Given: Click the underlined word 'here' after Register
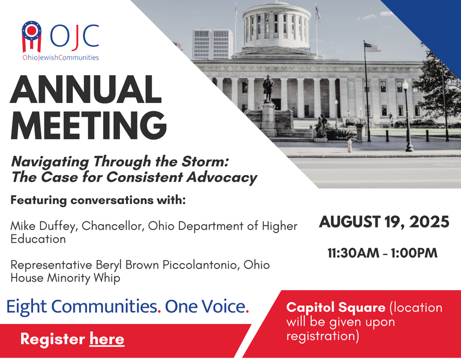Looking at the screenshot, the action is (107, 339).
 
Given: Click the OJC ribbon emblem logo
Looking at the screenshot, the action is (31, 36).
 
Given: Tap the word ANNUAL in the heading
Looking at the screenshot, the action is (86, 89).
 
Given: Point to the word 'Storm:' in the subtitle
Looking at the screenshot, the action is (205, 161).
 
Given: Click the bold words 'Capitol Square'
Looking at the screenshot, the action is (336, 308).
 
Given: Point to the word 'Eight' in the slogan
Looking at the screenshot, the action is (27, 307).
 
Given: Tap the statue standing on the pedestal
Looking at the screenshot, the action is (268, 88).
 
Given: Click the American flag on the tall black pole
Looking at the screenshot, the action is (372, 47).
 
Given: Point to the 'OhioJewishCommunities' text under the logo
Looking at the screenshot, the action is (61, 58).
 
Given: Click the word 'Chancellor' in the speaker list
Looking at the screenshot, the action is (113, 226).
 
